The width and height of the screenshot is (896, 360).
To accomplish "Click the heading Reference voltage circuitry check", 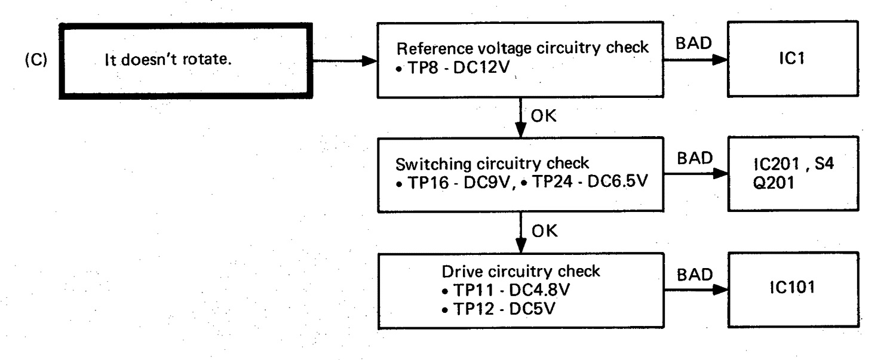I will (523, 48).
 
